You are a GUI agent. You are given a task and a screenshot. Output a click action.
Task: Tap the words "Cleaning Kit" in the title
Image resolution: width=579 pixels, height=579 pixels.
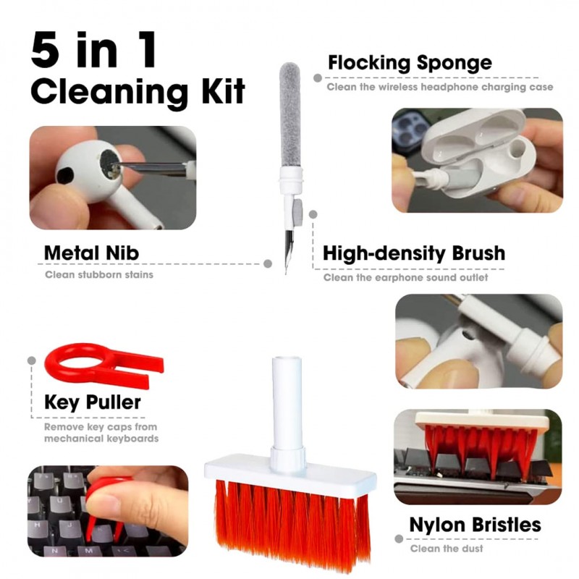[x=138, y=92]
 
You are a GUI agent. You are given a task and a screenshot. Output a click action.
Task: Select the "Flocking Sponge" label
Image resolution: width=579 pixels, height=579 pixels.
[x=410, y=63]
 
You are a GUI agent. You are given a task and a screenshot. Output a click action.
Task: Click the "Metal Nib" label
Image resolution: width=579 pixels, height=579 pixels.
[x=92, y=253]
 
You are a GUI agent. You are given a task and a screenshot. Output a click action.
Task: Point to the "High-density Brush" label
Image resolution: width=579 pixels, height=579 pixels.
[x=414, y=254]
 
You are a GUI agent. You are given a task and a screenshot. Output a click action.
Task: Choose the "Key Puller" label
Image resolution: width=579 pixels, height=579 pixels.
[x=93, y=402]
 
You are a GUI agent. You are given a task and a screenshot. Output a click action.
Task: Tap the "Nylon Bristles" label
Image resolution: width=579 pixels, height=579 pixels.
[x=476, y=524]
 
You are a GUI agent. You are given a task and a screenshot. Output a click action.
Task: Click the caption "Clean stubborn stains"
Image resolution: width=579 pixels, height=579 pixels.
[x=99, y=275]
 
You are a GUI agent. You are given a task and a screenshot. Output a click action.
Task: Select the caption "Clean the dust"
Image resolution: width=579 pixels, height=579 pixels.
[x=447, y=549]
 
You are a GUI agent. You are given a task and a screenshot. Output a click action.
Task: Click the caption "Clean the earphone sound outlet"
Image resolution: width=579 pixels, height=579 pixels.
[x=405, y=277]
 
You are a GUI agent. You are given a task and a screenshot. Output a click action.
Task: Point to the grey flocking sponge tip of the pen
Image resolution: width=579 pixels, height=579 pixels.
[x=290, y=114]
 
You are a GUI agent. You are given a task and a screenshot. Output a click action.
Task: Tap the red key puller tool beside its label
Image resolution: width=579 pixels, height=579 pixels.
[x=103, y=364]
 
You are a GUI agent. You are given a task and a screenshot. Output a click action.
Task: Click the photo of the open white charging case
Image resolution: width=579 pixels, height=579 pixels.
[x=477, y=160]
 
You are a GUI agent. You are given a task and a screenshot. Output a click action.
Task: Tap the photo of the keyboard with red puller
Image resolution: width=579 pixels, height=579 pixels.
[x=108, y=511]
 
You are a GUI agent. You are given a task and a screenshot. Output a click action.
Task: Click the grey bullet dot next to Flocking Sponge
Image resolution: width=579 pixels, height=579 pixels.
[x=317, y=78]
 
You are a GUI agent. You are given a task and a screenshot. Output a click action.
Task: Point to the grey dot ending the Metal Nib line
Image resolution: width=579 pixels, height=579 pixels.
[x=268, y=263]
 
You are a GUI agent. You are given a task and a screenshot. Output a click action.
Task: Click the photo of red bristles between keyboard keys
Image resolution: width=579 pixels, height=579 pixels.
[x=478, y=457]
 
